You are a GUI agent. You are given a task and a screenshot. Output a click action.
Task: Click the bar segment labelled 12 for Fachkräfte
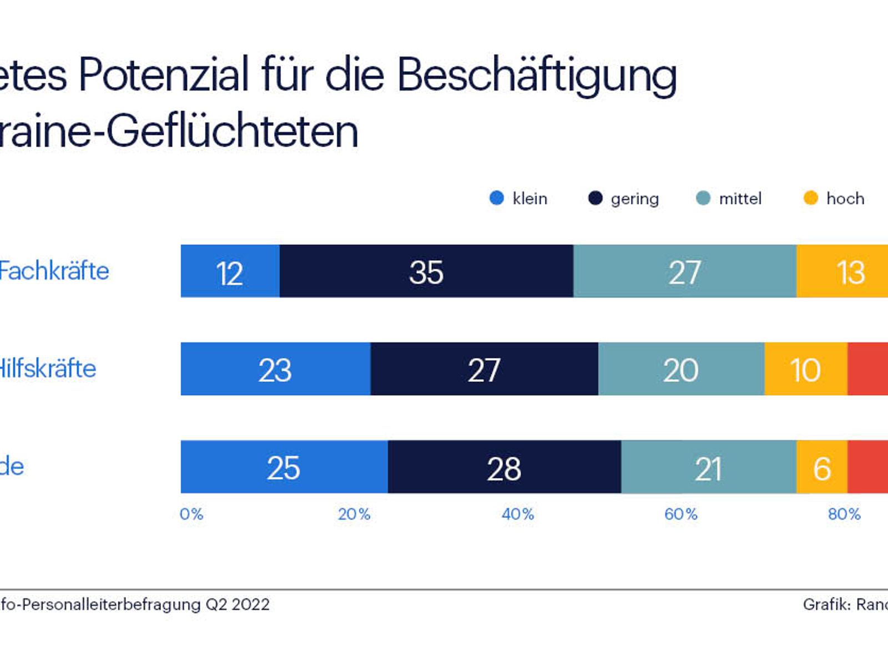(x=230, y=271)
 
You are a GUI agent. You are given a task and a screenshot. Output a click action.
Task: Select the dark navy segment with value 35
(x=426, y=271)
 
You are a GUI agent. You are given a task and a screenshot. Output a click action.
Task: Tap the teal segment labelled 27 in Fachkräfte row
(x=684, y=271)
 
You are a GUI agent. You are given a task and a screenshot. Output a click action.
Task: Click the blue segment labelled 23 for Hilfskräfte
(x=275, y=369)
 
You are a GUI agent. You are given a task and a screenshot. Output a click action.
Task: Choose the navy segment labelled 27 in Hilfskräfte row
(x=484, y=369)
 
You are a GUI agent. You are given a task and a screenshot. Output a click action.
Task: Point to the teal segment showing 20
(x=681, y=369)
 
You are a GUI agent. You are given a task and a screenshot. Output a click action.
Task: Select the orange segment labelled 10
(x=805, y=369)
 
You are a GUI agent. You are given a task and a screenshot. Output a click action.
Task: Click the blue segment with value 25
(x=284, y=467)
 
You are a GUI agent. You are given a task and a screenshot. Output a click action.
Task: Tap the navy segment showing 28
(x=504, y=467)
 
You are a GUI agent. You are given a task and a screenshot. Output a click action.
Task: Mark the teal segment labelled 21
(x=708, y=467)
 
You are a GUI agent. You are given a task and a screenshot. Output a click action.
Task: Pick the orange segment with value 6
(x=822, y=467)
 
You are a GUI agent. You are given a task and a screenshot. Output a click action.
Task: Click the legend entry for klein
(x=519, y=198)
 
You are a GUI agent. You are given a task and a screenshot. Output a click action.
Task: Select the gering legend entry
(x=624, y=198)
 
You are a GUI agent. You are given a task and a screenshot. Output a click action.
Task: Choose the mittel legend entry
(x=729, y=198)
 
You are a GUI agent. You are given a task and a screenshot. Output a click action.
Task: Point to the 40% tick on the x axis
(x=518, y=514)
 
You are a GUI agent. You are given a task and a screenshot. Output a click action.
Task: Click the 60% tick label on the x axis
(x=681, y=514)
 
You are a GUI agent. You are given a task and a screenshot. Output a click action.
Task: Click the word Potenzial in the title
(x=164, y=75)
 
